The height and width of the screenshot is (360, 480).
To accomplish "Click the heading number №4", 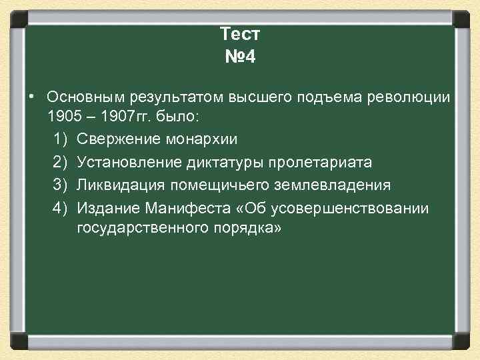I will [x=239, y=57].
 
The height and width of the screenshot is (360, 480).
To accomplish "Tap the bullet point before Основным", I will [x=31, y=98].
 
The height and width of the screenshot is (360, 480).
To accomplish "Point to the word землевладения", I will [x=333, y=185].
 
